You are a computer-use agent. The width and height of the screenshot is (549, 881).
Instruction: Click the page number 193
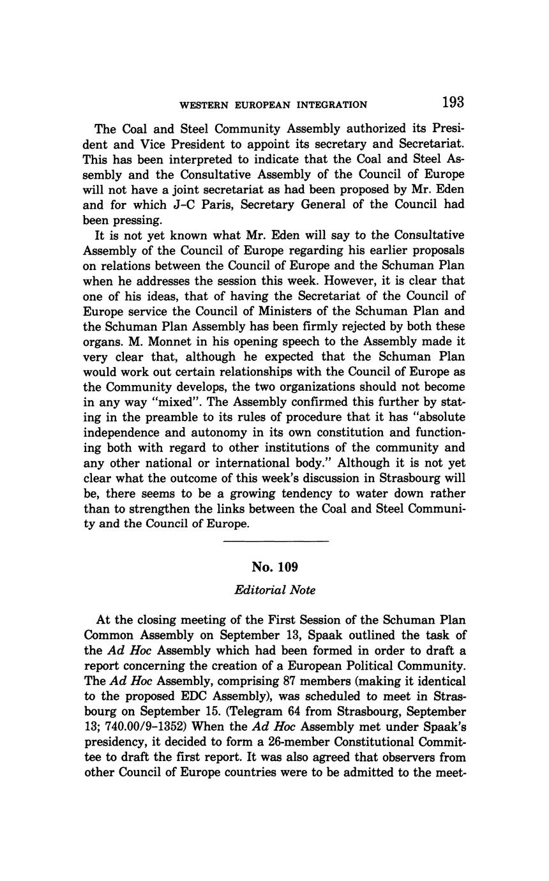pos(451,103)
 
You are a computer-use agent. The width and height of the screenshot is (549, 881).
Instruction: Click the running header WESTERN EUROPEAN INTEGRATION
pos(273,105)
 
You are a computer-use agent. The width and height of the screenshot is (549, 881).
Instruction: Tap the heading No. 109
pos(275,567)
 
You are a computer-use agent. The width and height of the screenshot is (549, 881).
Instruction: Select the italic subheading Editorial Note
pos(275,591)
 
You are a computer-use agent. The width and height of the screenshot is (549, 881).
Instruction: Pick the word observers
pos(372,758)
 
